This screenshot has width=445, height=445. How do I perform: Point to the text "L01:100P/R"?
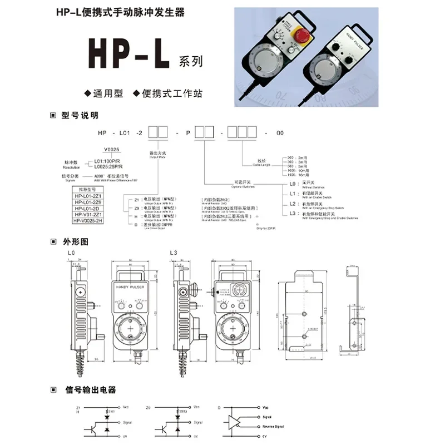106,161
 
